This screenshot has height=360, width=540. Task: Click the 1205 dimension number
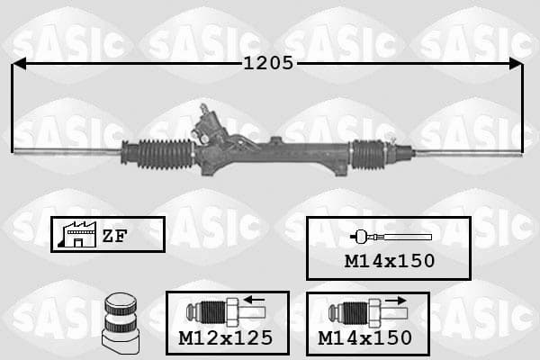click(x=268, y=63)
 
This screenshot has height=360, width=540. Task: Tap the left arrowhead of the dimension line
click(x=19, y=64)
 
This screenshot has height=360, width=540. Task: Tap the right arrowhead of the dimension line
click(x=516, y=64)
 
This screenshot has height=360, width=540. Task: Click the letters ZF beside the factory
click(x=114, y=236)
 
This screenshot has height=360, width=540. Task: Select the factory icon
click(x=77, y=234)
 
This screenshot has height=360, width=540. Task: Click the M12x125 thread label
click(x=226, y=338)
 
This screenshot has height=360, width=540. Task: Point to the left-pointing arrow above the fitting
click(x=254, y=300)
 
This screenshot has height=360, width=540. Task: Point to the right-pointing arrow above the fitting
click(x=396, y=301)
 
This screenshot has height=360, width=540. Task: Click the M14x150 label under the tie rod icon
click(x=390, y=261)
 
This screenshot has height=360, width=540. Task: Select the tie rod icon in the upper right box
click(x=391, y=237)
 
